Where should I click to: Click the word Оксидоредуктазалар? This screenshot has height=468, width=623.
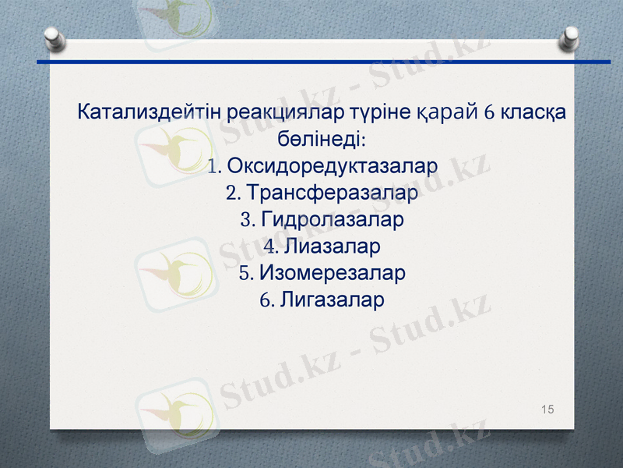tap(333, 166)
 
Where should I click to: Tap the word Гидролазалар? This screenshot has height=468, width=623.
tap(333, 220)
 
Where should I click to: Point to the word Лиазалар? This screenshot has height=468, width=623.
tap(333, 247)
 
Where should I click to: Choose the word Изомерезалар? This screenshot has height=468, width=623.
tap(333, 274)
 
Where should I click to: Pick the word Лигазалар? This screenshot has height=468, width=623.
tap(333, 300)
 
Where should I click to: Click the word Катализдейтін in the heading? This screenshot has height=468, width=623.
tap(149, 112)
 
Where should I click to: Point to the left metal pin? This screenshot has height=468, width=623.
tap(54, 37)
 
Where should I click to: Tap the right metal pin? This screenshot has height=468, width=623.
tap(570, 37)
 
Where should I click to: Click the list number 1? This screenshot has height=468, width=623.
tap(214, 166)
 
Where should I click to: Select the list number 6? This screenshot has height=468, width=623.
tap(266, 300)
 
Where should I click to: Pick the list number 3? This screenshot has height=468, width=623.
tap(248, 220)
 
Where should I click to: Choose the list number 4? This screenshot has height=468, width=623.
tap(271, 247)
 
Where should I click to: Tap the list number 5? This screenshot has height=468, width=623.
tap(245, 274)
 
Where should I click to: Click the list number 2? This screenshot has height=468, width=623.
tap(231, 193)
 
